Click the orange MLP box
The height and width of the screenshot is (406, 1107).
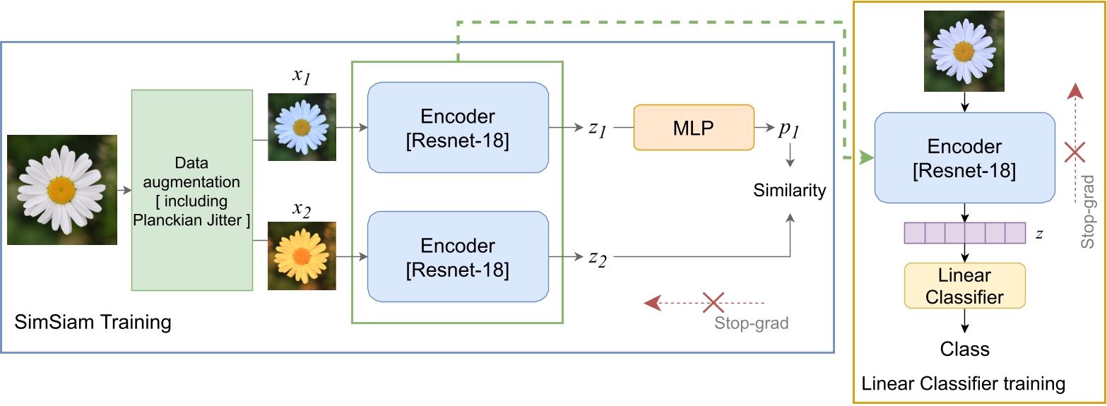tap(694, 127)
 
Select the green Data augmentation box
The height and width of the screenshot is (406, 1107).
tap(192, 190)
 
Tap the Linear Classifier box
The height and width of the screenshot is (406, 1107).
tap(964, 285)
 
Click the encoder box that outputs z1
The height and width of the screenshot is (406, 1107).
tap(458, 128)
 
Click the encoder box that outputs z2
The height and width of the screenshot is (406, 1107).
tap(458, 256)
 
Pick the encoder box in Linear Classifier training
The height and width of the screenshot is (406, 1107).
tap(964, 157)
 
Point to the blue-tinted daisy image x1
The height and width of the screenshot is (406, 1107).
tap(302, 127)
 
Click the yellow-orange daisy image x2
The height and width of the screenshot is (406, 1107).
tap(302, 256)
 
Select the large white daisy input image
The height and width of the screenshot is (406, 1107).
tap(62, 190)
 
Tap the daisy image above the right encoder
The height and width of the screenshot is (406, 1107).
tap(964, 52)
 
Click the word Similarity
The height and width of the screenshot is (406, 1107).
tap(789, 190)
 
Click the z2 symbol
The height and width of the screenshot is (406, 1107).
tap(598, 258)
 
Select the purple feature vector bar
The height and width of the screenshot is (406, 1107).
tap(964, 233)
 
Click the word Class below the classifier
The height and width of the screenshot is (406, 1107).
tap(964, 349)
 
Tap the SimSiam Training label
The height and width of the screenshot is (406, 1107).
tap(93, 323)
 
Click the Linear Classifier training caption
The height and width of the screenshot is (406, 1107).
tap(964, 384)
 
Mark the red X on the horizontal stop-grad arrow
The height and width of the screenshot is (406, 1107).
tap(714, 303)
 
